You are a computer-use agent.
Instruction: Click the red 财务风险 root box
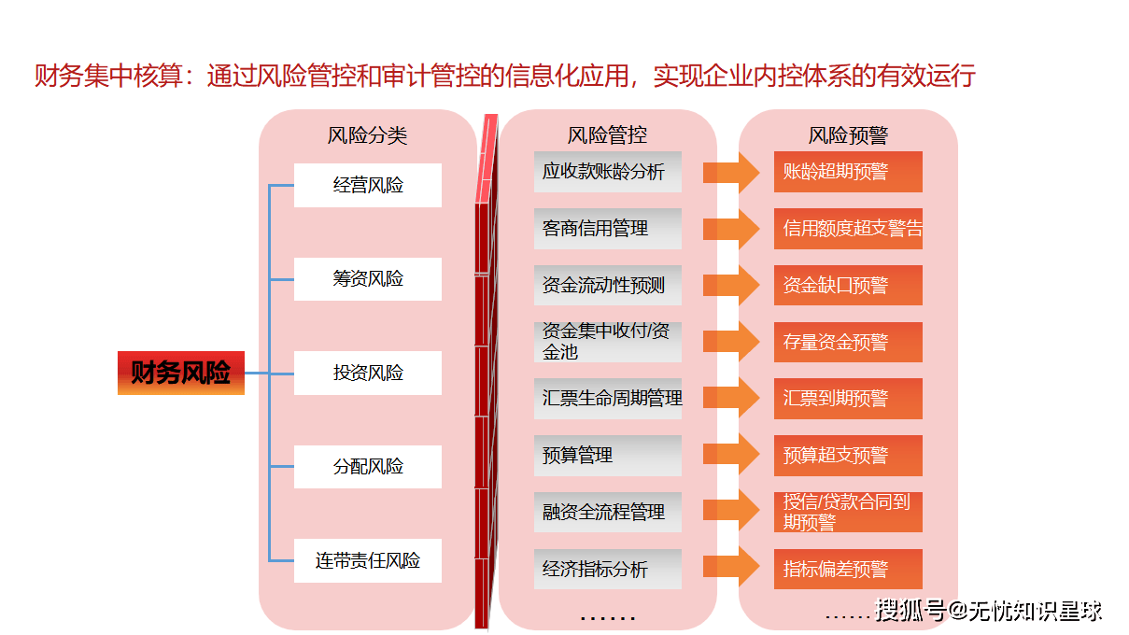tap(180, 373)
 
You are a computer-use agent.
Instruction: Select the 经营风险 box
tap(367, 185)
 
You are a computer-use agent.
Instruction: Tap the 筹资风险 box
tap(367, 278)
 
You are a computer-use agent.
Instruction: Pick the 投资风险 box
tap(367, 373)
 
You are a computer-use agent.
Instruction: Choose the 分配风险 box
tap(367, 466)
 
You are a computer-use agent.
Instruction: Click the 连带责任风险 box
tap(367, 560)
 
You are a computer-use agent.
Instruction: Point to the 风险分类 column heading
tap(367, 135)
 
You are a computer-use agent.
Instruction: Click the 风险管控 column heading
tap(607, 135)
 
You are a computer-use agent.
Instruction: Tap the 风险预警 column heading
tap(848, 135)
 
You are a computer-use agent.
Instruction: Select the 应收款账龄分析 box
tap(607, 172)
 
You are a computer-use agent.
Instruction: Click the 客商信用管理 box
tap(607, 229)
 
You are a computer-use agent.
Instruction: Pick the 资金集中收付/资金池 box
tap(607, 342)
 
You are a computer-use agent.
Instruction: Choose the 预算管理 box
tap(607, 456)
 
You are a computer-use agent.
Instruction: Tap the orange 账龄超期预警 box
tap(848, 172)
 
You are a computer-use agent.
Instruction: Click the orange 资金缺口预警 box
tap(848, 286)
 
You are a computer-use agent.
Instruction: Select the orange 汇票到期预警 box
tap(848, 399)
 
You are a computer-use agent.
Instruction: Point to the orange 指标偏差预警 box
tap(848, 569)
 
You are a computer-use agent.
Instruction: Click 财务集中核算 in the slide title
tap(107, 76)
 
